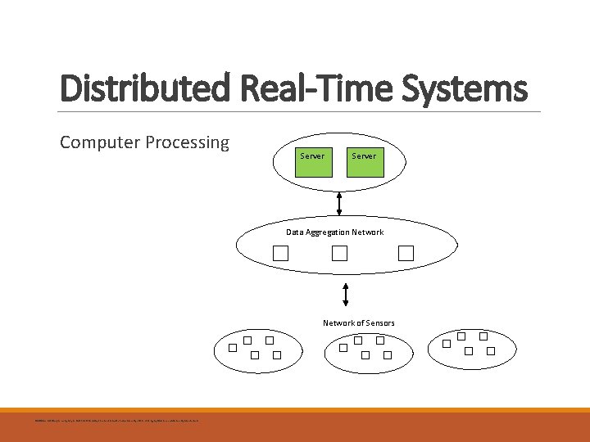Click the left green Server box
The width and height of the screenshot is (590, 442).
click(311, 156)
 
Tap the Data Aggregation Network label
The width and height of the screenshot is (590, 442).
click(334, 232)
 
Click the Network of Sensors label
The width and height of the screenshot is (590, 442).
click(358, 323)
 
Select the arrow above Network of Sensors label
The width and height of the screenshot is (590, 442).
click(346, 295)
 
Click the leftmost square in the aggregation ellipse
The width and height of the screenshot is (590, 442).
click(281, 254)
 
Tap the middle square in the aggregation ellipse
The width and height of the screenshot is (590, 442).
click(339, 254)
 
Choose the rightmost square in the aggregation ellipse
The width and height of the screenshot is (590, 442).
click(406, 254)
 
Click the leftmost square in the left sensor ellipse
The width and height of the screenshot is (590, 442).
click(233, 348)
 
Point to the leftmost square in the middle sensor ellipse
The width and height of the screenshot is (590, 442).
click(344, 348)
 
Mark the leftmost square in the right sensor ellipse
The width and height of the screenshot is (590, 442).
click(447, 344)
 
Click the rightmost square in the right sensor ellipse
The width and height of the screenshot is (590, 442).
click(491, 351)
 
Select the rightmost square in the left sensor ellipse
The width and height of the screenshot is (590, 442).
click(277, 355)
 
